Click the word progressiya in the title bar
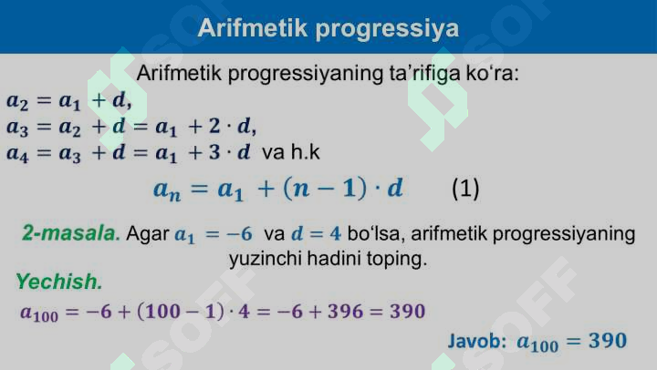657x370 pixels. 386,29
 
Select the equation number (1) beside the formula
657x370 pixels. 465,190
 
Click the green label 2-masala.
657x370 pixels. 71,234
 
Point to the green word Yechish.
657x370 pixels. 58,282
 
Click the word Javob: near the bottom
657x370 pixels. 477,342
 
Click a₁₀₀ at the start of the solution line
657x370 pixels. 38,313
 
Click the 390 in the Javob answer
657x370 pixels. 608,342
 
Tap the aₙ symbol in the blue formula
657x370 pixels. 168,190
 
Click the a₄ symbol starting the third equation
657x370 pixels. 18,153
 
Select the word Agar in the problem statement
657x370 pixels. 147,234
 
